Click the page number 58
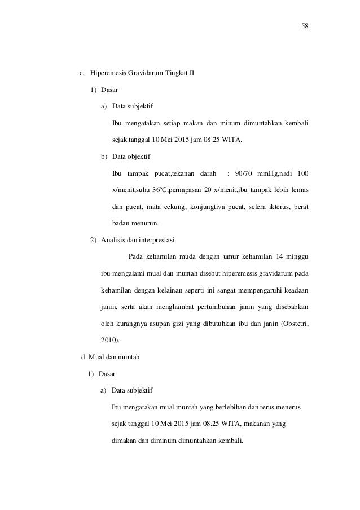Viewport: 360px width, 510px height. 305,26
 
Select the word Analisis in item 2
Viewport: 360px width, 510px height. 112,239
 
